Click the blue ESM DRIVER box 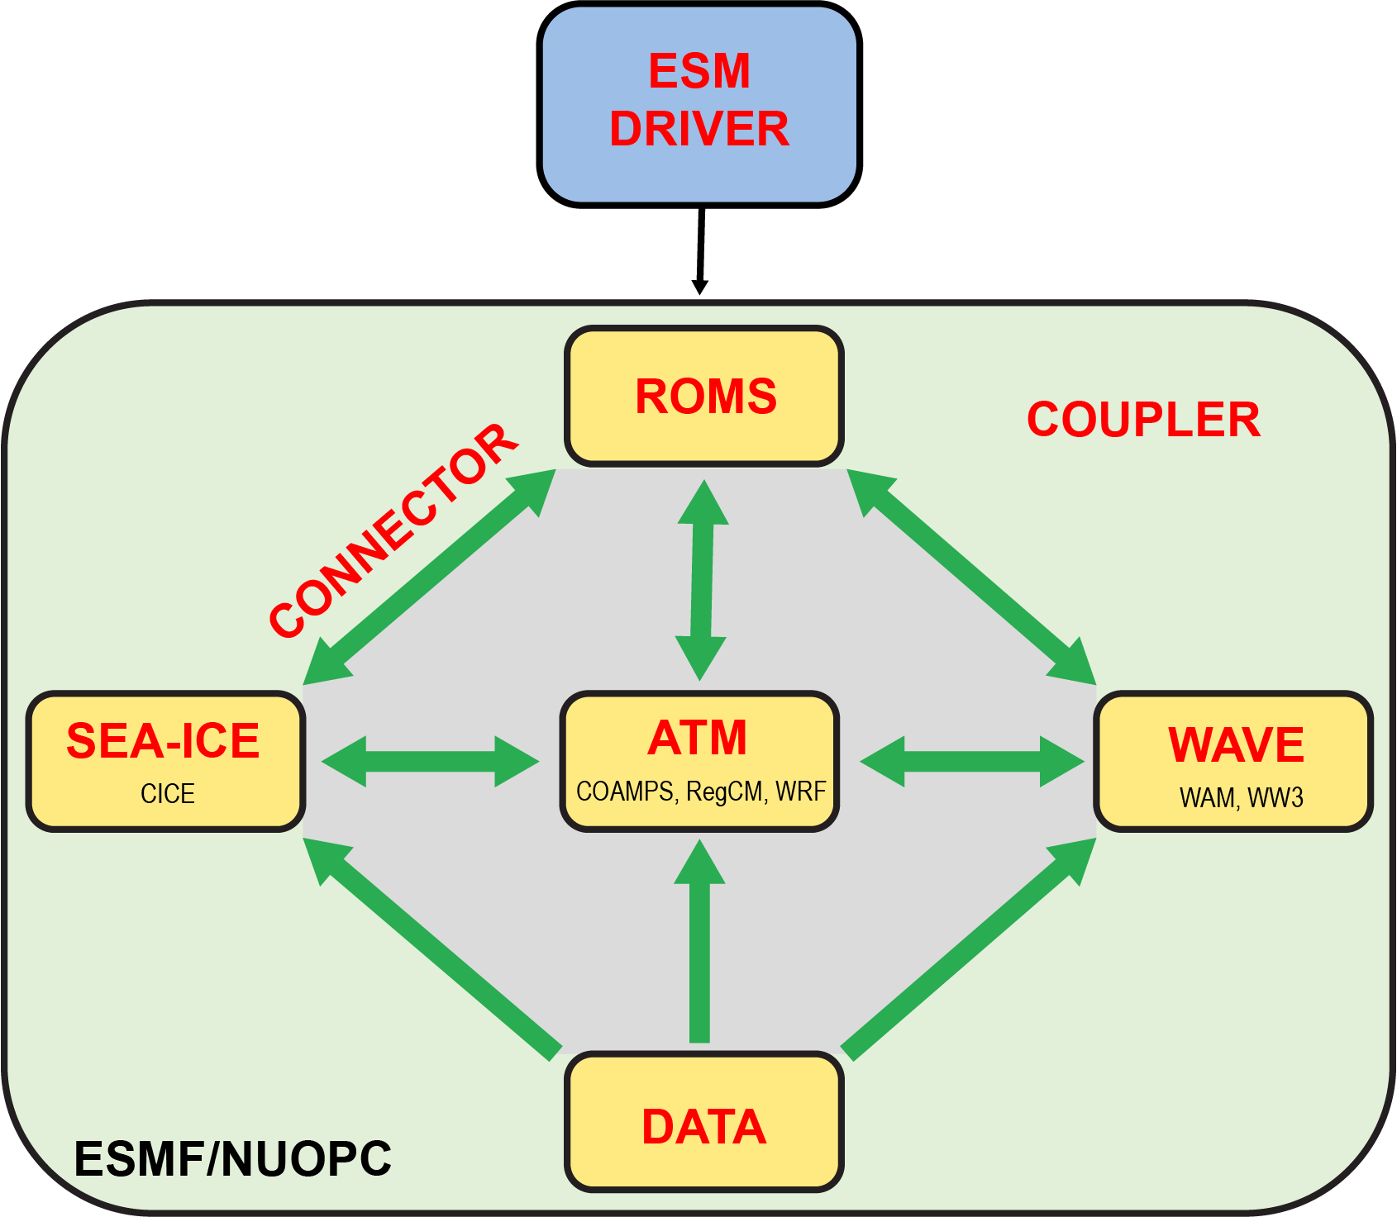[699, 103]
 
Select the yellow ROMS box [704, 396]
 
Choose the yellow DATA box [704, 1124]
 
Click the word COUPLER [1143, 420]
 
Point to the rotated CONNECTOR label [393, 530]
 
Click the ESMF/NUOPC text [232, 1158]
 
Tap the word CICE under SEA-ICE [168, 794]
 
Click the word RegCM [725, 792]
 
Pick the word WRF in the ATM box [800, 792]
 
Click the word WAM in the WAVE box [1208, 798]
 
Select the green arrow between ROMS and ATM [702, 579]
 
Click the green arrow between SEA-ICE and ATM [430, 761]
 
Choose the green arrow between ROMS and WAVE [971, 577]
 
